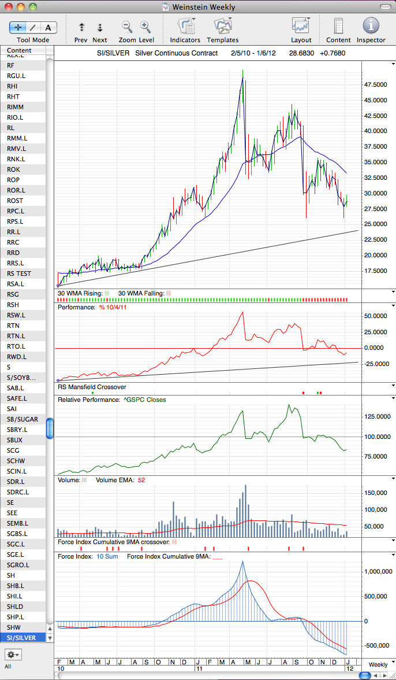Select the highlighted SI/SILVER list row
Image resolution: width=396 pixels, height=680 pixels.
(24, 637)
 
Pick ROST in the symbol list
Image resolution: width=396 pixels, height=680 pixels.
(15, 201)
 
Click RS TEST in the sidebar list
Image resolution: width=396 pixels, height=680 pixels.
(19, 274)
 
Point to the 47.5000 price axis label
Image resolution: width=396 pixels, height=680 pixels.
(375, 84)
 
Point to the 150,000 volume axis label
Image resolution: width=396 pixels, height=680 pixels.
(375, 493)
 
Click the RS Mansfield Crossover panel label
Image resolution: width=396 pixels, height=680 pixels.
(92, 387)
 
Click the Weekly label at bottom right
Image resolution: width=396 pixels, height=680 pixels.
(378, 665)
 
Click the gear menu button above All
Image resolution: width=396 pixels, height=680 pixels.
(13, 654)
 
